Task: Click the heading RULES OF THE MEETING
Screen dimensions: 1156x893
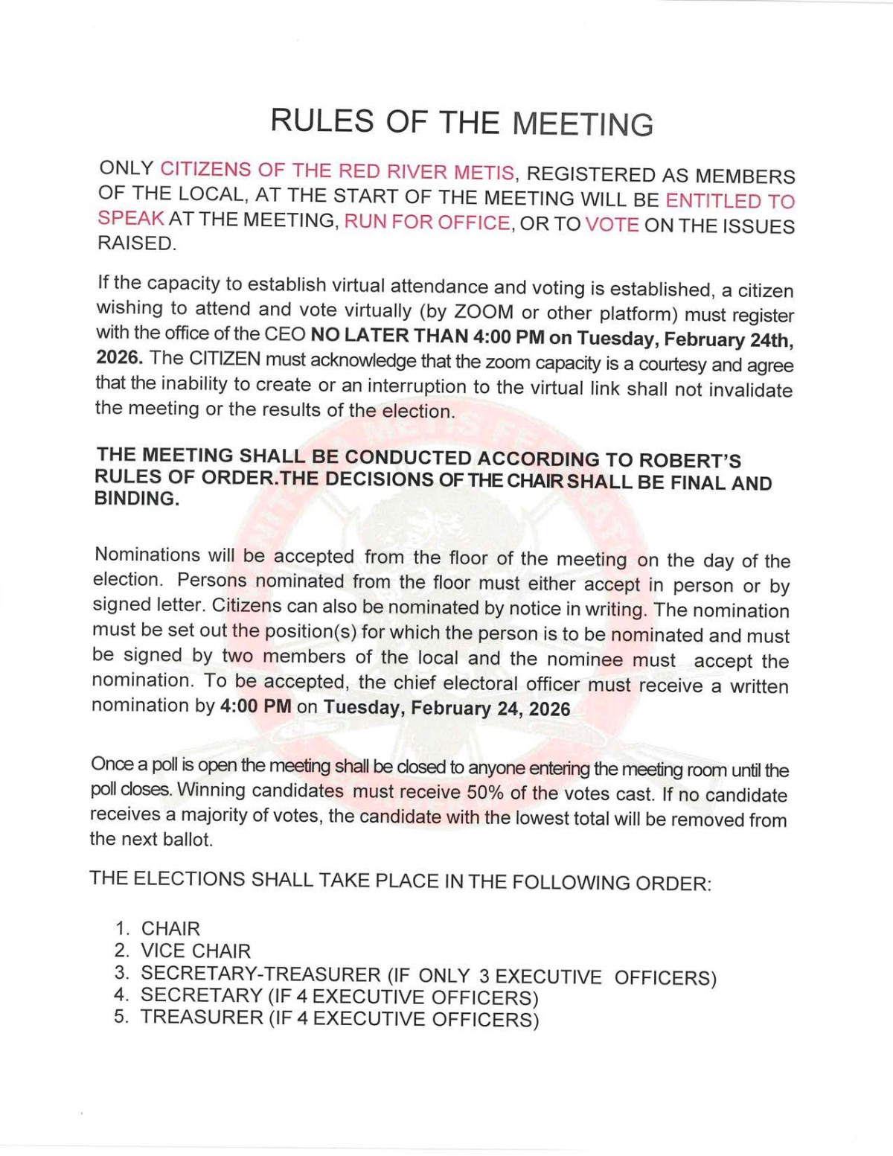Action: coord(461,122)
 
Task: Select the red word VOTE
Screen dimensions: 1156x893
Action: coord(612,225)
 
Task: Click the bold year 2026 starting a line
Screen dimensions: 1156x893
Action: coord(118,357)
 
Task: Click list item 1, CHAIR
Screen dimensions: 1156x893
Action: coord(170,928)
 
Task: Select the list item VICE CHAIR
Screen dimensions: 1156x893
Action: coord(196,951)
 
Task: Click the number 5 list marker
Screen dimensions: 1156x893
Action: coord(120,1017)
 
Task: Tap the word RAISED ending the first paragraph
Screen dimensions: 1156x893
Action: coord(136,243)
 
